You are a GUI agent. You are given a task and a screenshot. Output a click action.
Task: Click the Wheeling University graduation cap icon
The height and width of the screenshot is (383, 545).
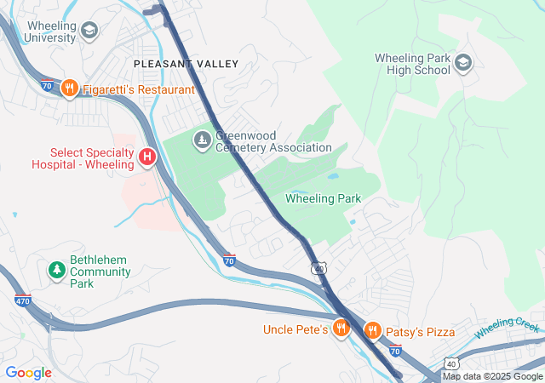click(x=89, y=31)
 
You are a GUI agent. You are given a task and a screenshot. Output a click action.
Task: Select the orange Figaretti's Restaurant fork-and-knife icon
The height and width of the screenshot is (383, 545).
click(x=70, y=89)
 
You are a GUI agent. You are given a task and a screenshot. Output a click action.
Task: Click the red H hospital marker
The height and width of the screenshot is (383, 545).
click(x=147, y=157)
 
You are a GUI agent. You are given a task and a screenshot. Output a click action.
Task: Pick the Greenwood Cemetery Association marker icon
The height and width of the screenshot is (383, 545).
click(x=202, y=139)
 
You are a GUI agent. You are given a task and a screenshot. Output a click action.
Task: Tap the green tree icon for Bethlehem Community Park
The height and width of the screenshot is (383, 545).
click(x=57, y=270)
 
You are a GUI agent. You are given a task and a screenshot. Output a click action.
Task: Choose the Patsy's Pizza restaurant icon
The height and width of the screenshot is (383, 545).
click(x=372, y=330)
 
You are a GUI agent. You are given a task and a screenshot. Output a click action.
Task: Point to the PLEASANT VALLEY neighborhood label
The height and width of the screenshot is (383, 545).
click(x=186, y=65)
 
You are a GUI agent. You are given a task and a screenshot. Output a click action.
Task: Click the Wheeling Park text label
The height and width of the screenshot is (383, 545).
click(x=323, y=199)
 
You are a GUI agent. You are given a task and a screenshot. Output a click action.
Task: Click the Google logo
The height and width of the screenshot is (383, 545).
click(x=28, y=372)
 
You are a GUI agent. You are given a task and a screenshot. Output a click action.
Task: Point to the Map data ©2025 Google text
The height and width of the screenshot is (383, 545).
click(x=492, y=376)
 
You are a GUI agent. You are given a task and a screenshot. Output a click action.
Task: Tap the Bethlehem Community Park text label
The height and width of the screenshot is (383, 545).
click(x=100, y=266)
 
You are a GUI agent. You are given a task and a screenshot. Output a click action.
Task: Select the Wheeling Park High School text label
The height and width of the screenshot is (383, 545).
click(x=412, y=64)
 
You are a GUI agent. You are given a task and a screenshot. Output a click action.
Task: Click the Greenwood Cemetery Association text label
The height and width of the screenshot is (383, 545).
click(x=272, y=141)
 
